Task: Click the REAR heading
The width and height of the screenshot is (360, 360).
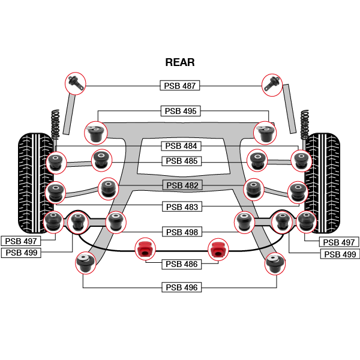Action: pos(180,62)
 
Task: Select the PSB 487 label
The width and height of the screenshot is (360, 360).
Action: pos(180,86)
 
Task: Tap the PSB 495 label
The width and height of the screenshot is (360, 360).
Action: pos(181,111)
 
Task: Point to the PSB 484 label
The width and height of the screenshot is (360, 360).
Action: pos(181,146)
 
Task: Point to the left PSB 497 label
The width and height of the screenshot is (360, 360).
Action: pos(20,241)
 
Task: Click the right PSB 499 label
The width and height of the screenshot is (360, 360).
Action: pos(340,254)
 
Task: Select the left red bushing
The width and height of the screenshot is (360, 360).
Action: pos(143,248)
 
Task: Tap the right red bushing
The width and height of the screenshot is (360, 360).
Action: pos(218,248)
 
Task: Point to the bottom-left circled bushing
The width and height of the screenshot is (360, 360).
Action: pos(85,262)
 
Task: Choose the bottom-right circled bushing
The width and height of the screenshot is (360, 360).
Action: pos(275,262)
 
